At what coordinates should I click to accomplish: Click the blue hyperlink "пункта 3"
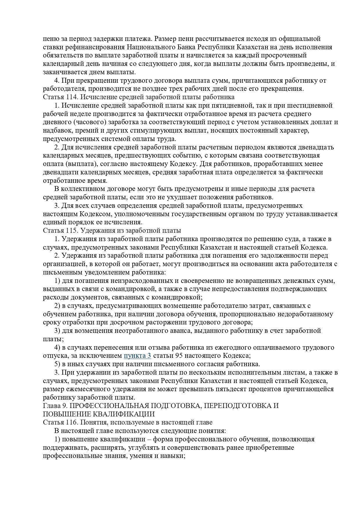coord(137,355)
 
